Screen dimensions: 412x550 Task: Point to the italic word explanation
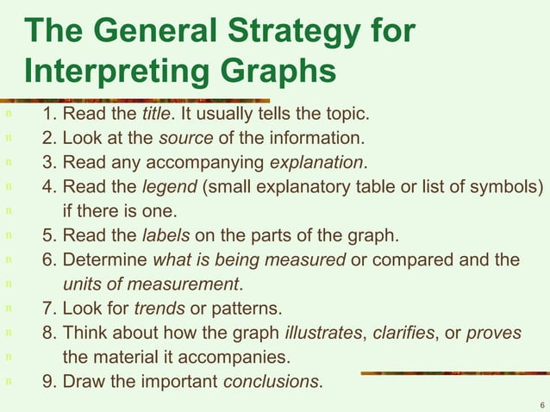point(317,161)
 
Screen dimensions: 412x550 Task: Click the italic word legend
point(169,185)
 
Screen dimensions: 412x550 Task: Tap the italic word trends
point(159,308)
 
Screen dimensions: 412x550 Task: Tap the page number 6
point(541,403)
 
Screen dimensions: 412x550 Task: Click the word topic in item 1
point(349,115)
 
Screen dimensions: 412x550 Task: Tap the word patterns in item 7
point(251,308)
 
